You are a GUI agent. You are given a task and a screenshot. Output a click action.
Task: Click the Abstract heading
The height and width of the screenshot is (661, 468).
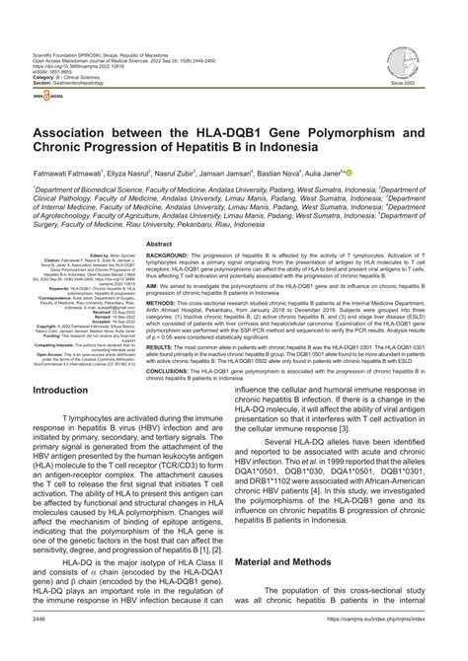pyautogui.click(x=160, y=244)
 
